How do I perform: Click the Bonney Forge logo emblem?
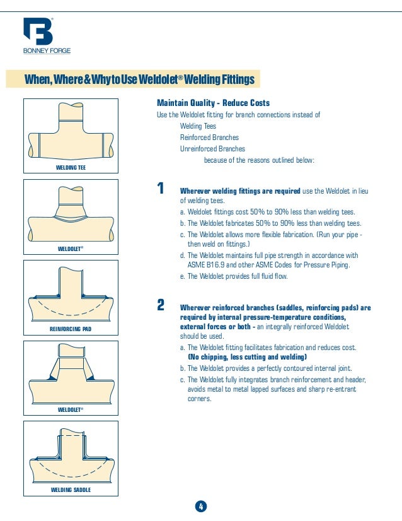(x=38, y=32)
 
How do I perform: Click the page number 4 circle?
(x=201, y=506)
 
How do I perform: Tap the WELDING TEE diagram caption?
(x=71, y=168)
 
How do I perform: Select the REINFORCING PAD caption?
(x=71, y=329)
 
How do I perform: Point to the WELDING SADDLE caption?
(x=71, y=489)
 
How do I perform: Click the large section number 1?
(x=161, y=188)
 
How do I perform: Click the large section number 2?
(x=161, y=305)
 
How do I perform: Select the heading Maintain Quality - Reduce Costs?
(x=213, y=103)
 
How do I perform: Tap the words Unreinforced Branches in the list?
(x=212, y=149)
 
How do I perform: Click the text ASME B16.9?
(x=206, y=265)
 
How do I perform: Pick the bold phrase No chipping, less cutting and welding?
(x=247, y=357)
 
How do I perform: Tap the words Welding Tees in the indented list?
(x=198, y=126)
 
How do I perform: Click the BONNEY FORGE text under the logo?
(x=47, y=51)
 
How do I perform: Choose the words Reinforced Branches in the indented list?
(x=209, y=138)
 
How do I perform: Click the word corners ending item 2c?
(x=199, y=399)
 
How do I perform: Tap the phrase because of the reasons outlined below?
(x=259, y=160)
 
